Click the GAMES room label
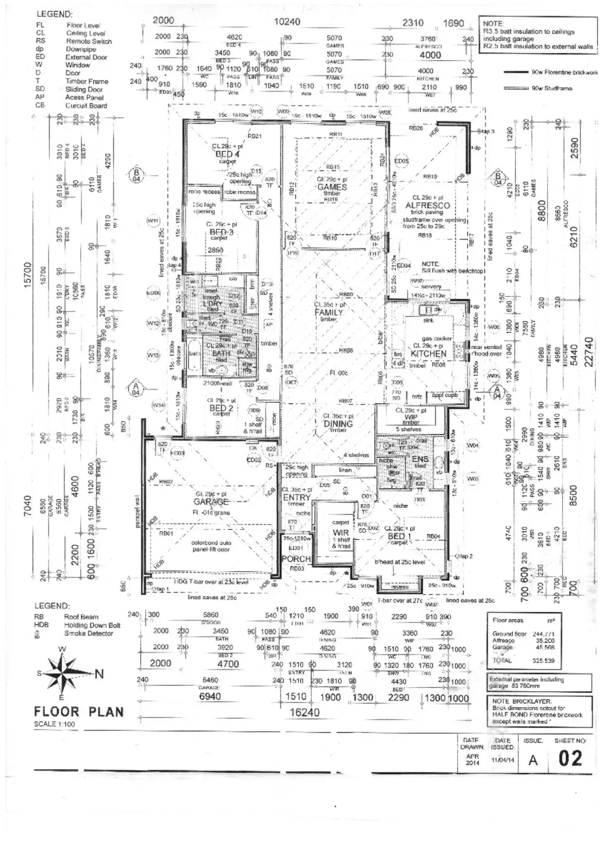click(x=332, y=187)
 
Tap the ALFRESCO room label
click(x=428, y=206)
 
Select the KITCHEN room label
click(x=428, y=354)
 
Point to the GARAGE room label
click(x=211, y=502)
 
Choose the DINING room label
click(x=338, y=424)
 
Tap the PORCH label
click(x=296, y=559)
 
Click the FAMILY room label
click(x=329, y=312)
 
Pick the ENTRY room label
click(x=296, y=498)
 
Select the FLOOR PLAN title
click(x=79, y=712)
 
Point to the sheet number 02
click(x=570, y=758)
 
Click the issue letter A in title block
click(x=533, y=760)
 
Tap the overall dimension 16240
click(x=305, y=712)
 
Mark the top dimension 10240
click(x=287, y=22)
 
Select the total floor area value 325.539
click(x=543, y=660)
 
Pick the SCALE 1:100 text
click(x=54, y=724)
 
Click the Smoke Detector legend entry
click(x=88, y=633)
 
